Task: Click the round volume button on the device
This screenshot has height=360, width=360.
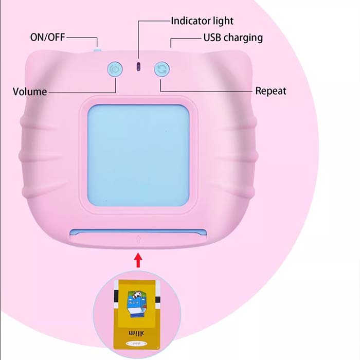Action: (114, 69)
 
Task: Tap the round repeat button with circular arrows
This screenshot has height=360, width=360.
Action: (161, 69)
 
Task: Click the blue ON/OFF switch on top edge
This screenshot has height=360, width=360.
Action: (97, 50)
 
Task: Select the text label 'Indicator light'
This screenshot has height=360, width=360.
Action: (202, 21)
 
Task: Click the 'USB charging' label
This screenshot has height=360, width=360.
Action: (233, 38)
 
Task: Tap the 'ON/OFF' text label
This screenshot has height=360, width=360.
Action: (48, 37)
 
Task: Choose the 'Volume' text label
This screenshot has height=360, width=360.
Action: (30, 92)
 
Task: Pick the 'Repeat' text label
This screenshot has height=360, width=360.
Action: (271, 91)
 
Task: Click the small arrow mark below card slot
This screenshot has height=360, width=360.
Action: (138, 238)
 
